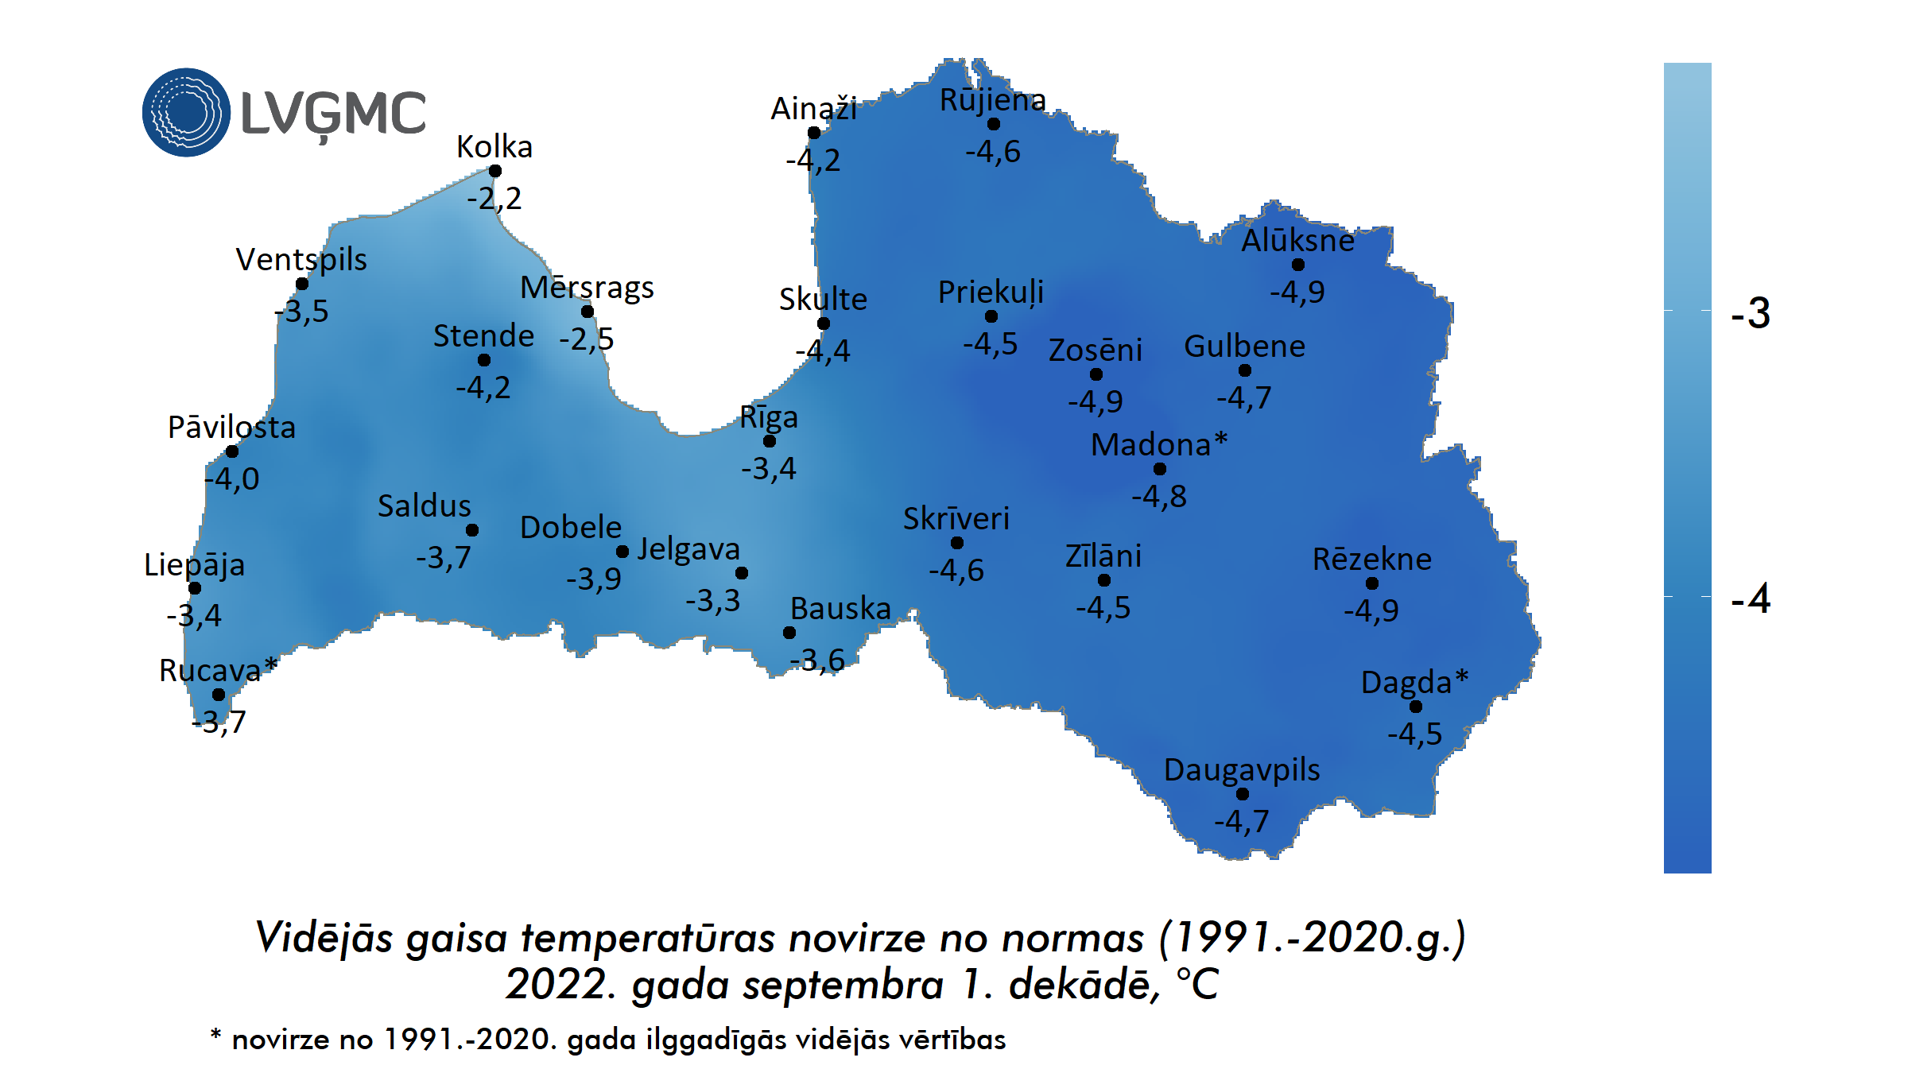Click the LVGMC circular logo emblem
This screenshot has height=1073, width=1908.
tap(186, 112)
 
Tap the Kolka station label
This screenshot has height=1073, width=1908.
tap(494, 147)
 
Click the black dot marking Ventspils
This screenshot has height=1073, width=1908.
tap(302, 284)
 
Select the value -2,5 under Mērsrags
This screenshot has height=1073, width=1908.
tap(586, 339)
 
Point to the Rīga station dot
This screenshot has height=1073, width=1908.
tap(770, 441)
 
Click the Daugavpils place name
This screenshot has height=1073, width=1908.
tap(1242, 769)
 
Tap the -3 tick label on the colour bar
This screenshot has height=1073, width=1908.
tap(1751, 313)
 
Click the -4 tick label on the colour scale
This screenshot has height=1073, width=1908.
tap(1751, 598)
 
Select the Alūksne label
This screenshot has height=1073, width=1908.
tap(1297, 240)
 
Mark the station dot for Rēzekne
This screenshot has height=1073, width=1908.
tap(1372, 583)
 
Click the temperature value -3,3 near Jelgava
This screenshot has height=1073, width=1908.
tap(712, 600)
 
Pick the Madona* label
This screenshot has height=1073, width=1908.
tap(1159, 444)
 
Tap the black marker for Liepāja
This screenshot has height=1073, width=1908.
tap(195, 588)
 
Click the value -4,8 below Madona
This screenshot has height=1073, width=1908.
tap(1159, 497)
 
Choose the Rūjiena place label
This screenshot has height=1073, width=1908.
tap(993, 100)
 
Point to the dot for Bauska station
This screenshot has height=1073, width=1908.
tap(789, 633)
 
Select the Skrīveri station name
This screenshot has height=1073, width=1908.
tap(956, 518)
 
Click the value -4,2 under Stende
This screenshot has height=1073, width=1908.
tap(483, 388)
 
